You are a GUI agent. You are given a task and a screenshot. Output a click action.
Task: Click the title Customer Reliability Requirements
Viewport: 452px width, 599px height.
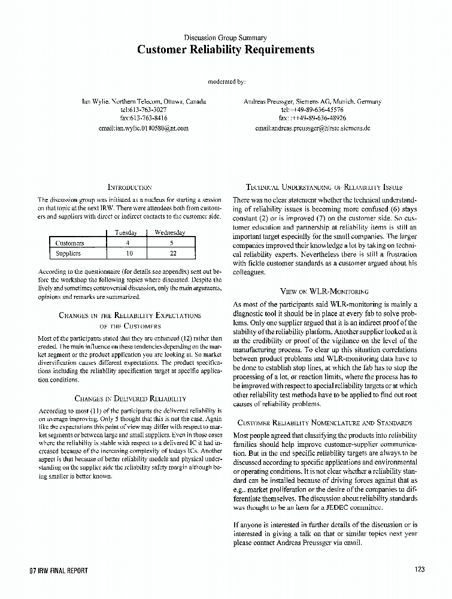(226, 50)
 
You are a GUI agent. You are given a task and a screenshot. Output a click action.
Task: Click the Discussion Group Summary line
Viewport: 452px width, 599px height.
(226, 38)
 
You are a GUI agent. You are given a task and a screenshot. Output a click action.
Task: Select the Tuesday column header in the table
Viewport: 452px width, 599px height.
(126, 232)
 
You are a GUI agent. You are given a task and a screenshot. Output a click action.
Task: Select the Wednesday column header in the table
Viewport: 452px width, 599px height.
(169, 232)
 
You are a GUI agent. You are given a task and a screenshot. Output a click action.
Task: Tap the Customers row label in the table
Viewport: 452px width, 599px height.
(69, 243)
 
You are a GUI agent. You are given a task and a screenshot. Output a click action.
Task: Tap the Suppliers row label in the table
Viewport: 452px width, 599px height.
(68, 253)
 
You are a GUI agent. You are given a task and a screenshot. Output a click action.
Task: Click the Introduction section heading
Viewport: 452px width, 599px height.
(129, 187)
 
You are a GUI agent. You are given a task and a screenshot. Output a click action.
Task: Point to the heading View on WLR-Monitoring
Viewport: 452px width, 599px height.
(324, 292)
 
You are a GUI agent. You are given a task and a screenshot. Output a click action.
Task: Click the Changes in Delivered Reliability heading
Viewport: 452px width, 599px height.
(129, 398)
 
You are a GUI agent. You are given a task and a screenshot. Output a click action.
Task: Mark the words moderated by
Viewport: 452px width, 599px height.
(226, 80)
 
